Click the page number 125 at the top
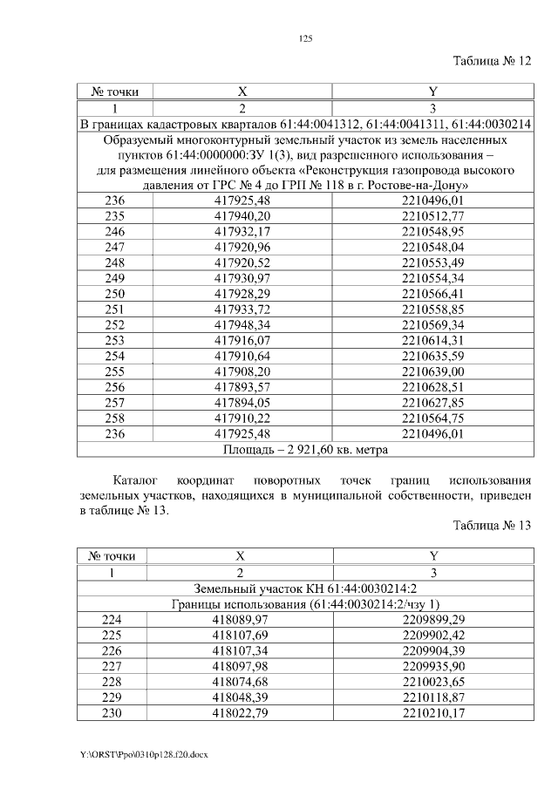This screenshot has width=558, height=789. point(305,38)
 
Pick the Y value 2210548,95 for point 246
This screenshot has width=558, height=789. point(433,231)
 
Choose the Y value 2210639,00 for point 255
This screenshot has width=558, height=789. point(433,371)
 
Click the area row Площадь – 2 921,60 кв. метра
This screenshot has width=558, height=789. point(305,450)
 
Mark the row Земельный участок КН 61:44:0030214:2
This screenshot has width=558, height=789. point(305,588)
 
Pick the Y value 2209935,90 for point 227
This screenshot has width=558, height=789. point(433,667)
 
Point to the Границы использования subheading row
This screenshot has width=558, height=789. point(305,604)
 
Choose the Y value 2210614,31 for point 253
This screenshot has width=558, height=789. point(433,340)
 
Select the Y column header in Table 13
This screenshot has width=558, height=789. point(433,556)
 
